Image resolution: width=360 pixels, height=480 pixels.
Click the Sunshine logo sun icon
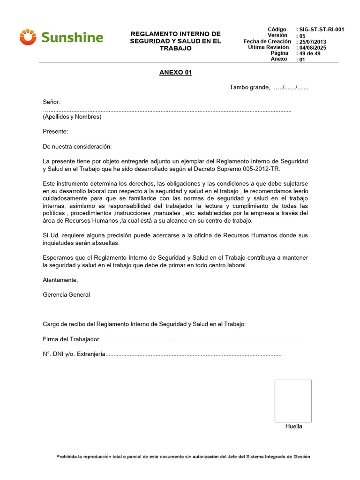(28, 37)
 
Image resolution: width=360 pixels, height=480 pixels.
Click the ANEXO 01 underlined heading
(176, 73)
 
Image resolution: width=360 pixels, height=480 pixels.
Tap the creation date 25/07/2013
(312, 42)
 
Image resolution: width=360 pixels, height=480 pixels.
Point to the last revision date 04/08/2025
(312, 48)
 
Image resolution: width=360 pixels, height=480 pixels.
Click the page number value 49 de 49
(308, 53)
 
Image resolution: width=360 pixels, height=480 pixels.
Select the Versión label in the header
(277, 36)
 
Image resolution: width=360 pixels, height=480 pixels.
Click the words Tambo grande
(249, 87)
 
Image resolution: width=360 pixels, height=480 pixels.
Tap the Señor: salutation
(52, 102)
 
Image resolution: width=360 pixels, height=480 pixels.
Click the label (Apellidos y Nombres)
(72, 117)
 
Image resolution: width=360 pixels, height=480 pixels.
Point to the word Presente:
(55, 132)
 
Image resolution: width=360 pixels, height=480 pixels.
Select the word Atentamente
(60, 280)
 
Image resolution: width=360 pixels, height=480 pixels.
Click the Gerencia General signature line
(66, 295)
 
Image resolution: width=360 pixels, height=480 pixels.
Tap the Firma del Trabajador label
(72, 339)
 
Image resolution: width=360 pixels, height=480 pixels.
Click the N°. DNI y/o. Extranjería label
(74, 354)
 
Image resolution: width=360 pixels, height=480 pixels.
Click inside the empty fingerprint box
(293, 401)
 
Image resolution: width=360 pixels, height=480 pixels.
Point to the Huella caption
(294, 426)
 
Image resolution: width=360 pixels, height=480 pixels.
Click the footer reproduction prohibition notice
(183, 457)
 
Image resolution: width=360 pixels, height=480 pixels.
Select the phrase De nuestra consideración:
(77, 147)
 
